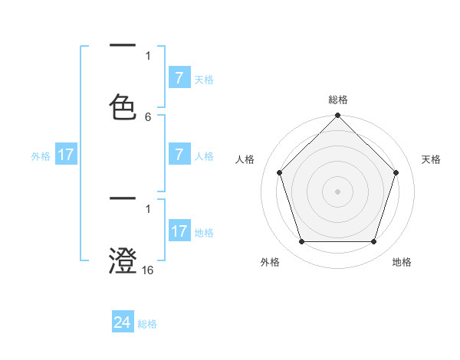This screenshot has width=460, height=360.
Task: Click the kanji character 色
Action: point(123,107)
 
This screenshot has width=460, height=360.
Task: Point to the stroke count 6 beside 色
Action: point(148,116)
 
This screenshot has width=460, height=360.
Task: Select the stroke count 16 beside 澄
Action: point(148,270)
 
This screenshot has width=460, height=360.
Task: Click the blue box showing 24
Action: point(123,323)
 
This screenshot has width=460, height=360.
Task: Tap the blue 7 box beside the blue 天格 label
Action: point(179,78)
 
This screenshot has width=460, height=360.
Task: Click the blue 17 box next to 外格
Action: point(65,155)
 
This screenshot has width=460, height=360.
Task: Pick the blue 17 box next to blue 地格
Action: point(179,231)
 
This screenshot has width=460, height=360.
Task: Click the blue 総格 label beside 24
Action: point(147,324)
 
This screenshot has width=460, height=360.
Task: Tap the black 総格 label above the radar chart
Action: point(337,100)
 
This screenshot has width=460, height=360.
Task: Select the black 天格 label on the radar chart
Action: point(432,159)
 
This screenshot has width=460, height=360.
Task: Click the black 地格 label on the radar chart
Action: point(402,262)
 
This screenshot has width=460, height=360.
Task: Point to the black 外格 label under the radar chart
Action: point(270,262)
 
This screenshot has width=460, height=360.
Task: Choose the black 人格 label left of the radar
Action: point(245,159)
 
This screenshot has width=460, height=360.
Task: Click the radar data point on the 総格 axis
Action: point(337,116)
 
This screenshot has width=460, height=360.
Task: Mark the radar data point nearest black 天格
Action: point(396,172)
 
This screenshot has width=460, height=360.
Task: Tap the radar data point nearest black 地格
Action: point(373,242)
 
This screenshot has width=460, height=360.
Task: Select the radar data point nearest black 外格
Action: point(301,242)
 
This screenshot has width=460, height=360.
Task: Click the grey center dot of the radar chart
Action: point(337,191)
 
